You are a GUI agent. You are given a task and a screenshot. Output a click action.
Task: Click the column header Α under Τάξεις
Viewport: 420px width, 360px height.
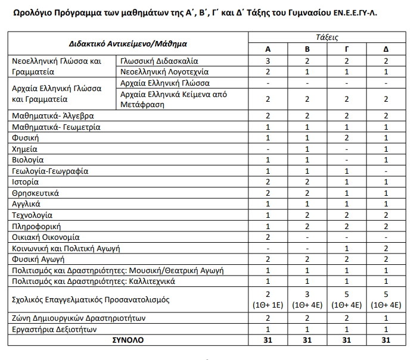coord(268,49)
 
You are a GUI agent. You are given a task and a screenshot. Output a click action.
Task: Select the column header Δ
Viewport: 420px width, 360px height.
coord(385,49)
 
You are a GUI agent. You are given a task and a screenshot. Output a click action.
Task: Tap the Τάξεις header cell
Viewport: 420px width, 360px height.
coord(327,37)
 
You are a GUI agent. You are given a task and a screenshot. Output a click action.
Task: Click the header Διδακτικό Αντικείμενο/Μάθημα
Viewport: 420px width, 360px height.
coord(127,43)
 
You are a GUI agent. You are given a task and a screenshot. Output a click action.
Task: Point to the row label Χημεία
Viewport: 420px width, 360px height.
coord(25,149)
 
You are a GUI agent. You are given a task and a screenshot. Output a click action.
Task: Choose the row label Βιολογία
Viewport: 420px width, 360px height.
coord(28,160)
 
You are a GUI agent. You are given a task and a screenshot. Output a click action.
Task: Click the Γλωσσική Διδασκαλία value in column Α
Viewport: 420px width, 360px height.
coord(268,61)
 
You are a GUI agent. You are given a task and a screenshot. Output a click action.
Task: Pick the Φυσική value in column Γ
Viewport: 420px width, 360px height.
coord(347,138)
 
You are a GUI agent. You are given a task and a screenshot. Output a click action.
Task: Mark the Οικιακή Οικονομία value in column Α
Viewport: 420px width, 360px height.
coord(268,237)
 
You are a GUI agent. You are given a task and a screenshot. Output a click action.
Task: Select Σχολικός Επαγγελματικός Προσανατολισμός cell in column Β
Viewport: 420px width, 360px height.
coord(307,300)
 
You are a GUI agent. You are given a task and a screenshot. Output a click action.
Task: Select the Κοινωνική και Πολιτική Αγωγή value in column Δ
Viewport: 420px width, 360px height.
coord(385,248)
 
